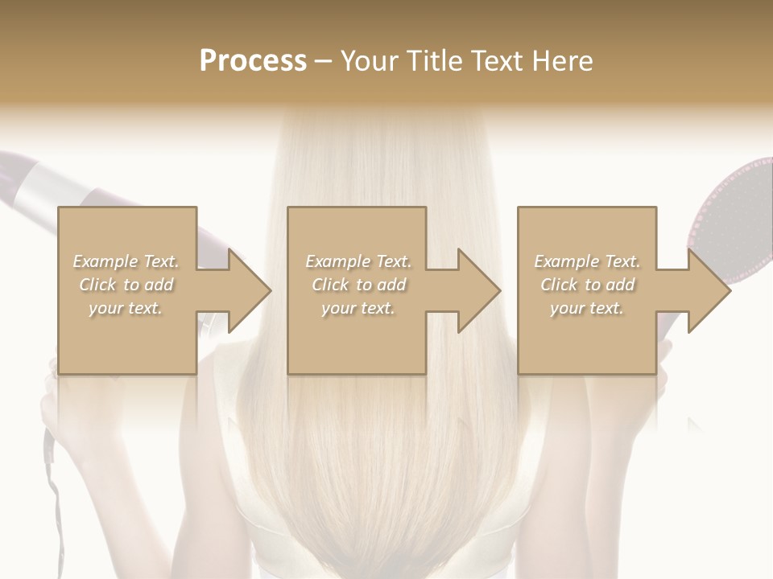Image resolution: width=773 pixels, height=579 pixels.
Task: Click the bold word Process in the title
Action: click(253, 61)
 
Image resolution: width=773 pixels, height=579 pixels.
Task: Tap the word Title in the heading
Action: click(434, 61)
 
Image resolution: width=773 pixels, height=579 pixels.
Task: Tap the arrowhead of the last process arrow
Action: click(708, 290)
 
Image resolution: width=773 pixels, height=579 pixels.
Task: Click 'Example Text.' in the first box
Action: click(126, 261)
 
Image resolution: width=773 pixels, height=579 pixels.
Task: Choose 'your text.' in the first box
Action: click(126, 308)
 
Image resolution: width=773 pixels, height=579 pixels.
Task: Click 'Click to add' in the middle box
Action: click(358, 285)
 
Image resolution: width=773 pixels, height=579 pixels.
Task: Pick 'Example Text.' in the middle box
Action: click(358, 261)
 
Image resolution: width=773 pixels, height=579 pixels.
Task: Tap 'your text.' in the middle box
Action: click(358, 308)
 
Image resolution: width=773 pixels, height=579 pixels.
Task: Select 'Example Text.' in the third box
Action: click(587, 261)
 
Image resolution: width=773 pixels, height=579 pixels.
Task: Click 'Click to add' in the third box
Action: click(587, 285)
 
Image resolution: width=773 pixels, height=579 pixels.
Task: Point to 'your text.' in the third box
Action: click(587, 308)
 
